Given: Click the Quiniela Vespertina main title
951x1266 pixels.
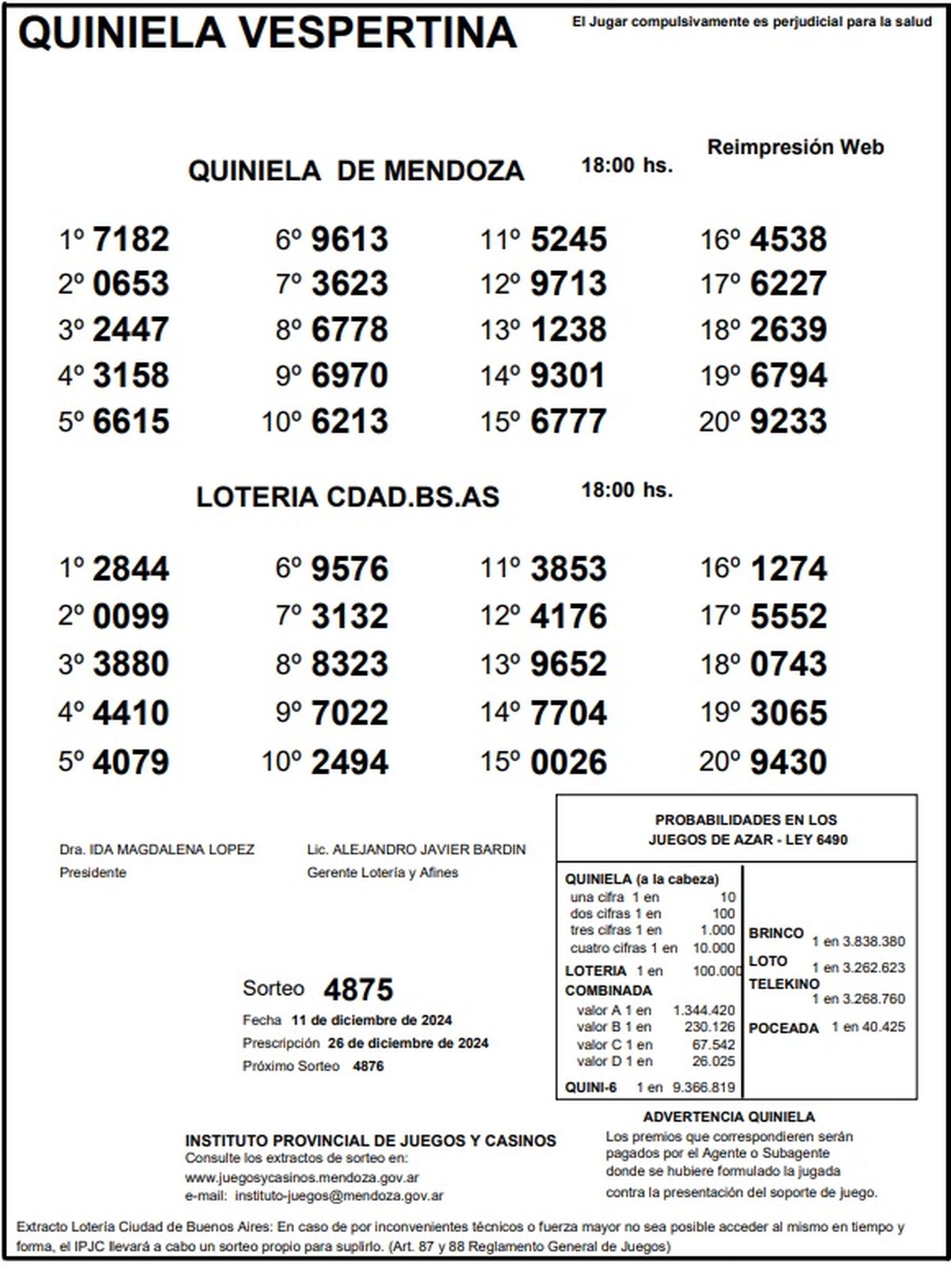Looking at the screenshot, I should click(x=267, y=33).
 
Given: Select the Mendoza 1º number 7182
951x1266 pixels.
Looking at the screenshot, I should click(x=131, y=239).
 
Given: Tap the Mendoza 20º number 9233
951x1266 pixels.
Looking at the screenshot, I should click(x=788, y=422).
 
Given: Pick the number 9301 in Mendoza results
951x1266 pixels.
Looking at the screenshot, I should click(x=567, y=376).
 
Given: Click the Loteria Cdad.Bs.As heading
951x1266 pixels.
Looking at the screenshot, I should click(x=348, y=497).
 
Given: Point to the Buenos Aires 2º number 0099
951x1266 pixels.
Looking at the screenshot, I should click(x=131, y=617).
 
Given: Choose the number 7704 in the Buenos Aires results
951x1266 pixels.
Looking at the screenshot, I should click(x=567, y=713).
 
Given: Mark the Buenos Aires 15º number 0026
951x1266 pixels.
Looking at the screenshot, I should click(x=567, y=763).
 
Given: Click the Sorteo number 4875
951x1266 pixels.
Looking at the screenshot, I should click(x=358, y=989).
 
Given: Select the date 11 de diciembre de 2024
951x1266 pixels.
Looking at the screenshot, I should click(x=372, y=1020).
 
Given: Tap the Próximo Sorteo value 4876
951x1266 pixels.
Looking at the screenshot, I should click(x=368, y=1066).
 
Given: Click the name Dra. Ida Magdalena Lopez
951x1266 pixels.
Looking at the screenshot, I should click(x=157, y=850).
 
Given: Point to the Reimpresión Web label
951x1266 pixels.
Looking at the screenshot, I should click(x=795, y=147).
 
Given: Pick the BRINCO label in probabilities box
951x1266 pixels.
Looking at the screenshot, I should click(x=776, y=933).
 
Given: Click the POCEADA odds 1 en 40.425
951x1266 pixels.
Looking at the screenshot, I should click(x=868, y=1027).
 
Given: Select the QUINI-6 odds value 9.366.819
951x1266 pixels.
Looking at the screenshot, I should click(x=704, y=1088).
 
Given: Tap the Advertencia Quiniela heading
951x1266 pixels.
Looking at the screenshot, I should click(x=728, y=1117).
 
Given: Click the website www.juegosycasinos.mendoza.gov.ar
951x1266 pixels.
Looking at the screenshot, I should click(x=302, y=1178).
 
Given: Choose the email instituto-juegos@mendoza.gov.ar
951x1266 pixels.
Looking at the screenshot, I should click(x=339, y=1195).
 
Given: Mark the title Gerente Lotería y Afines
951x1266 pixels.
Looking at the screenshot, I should click(x=382, y=873).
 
